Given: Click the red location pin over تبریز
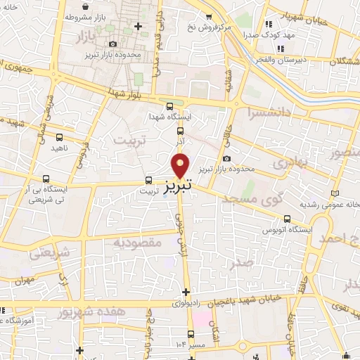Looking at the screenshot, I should tap(181, 165).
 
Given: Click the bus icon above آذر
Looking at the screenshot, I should tap(181, 130).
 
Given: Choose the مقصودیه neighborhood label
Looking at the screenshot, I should tap(138, 243).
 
